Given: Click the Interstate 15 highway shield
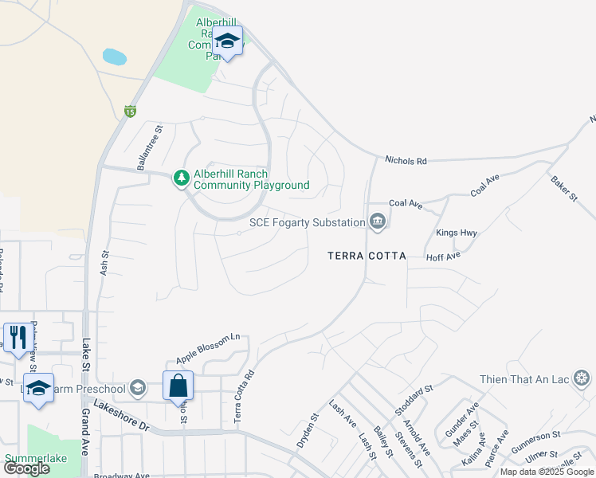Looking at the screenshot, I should click(129, 112).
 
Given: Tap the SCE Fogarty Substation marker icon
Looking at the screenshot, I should click(378, 222).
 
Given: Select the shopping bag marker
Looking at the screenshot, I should click(178, 386).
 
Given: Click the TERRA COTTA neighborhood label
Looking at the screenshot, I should click(367, 256).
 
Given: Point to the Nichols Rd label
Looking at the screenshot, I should click(406, 161).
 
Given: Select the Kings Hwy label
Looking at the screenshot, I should click(456, 233).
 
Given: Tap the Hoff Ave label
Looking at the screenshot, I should click(444, 257).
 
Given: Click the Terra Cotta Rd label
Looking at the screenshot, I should click(244, 396).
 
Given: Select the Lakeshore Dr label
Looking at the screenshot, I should click(121, 415).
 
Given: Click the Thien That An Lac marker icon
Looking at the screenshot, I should click(582, 378).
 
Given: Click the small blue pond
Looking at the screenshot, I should click(115, 57).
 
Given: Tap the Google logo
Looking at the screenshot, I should click(26, 468).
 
